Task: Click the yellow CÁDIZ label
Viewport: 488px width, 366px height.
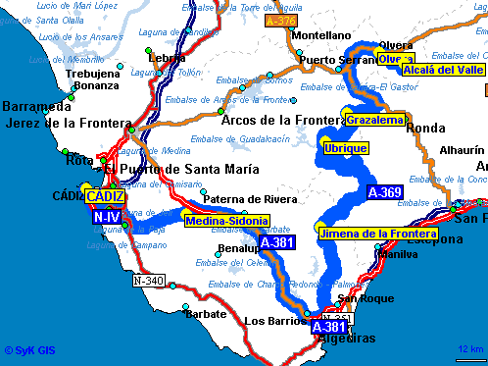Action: point(105,196)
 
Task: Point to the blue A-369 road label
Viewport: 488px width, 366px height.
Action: point(384,192)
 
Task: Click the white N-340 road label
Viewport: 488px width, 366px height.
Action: point(149,281)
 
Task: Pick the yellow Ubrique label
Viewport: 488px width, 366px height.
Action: point(346,148)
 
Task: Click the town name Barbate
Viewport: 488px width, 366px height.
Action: point(206,314)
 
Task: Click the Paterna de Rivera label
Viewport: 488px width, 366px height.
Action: point(250,199)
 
